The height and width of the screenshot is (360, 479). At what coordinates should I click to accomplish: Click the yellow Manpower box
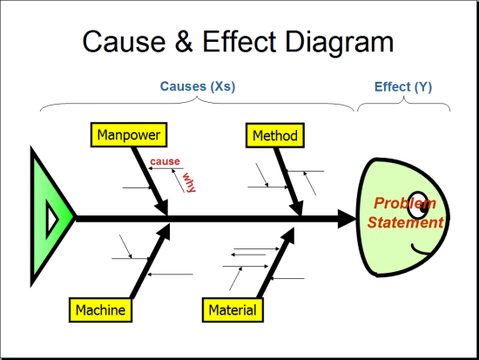tap(129, 135)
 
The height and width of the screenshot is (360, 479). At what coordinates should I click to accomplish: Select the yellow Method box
tap(274, 136)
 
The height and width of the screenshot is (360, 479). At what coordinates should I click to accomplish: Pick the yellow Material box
tap(233, 309)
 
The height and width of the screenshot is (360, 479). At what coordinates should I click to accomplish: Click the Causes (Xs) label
tap(198, 87)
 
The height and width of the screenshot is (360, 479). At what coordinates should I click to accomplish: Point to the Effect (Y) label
tap(403, 87)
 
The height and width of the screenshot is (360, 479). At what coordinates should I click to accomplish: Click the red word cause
tap(165, 162)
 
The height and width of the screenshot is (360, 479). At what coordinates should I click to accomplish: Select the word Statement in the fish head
tap(405, 222)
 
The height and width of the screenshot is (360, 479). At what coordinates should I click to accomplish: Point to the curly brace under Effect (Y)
tap(403, 105)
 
